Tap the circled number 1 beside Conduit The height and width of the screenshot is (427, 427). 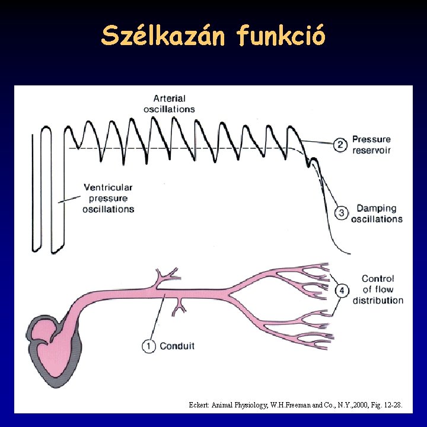pos(149,345)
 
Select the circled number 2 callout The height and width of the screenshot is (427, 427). pos(340,145)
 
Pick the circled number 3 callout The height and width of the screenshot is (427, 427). pos(342,213)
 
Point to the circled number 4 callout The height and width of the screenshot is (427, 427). pos(342,290)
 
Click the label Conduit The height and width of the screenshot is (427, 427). pos(177,346)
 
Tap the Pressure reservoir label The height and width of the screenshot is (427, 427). pos(371,145)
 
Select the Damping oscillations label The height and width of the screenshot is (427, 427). pos(376,213)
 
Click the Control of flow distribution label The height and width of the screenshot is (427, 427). pos(378,289)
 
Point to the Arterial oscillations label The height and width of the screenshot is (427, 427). pos(169,104)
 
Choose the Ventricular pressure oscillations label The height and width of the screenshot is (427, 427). pos(108,198)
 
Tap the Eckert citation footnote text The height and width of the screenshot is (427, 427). pos(295,405)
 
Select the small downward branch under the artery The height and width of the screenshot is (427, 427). pos(178,305)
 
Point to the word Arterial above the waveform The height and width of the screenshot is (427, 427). pos(169,98)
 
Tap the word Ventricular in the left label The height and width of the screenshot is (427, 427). pos(108,187)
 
